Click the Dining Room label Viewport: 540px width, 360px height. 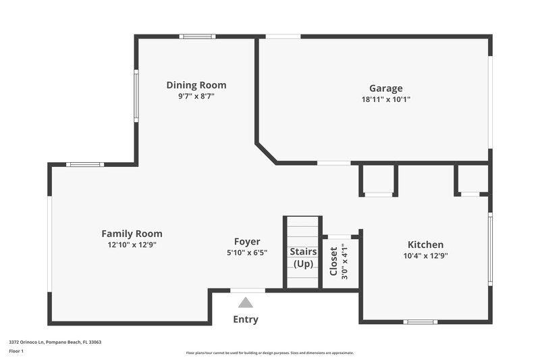click(x=196, y=85)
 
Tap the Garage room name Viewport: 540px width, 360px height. click(x=385, y=88)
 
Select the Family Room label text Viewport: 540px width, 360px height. click(x=132, y=234)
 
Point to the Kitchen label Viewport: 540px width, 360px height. click(x=425, y=245)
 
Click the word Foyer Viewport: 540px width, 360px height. click(x=247, y=242)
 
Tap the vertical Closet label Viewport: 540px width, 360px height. click(x=333, y=261)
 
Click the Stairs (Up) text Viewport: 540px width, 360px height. click(x=303, y=257)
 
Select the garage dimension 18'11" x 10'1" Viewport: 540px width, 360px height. click(x=385, y=99)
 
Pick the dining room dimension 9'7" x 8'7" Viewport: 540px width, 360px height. click(x=196, y=97)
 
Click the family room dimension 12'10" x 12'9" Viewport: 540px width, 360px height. click(x=132, y=245)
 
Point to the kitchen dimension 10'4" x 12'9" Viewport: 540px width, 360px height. click(x=425, y=256)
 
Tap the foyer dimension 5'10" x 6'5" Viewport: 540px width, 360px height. click(x=247, y=253)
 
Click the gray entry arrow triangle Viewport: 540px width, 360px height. click(x=246, y=303)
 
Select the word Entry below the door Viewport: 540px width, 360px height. click(x=246, y=319)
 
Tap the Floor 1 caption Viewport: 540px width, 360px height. click(x=16, y=351)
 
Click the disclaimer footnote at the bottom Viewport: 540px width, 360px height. click(x=269, y=353)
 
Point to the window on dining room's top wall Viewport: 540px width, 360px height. click(x=197, y=36)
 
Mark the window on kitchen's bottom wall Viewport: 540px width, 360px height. click(x=421, y=322)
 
